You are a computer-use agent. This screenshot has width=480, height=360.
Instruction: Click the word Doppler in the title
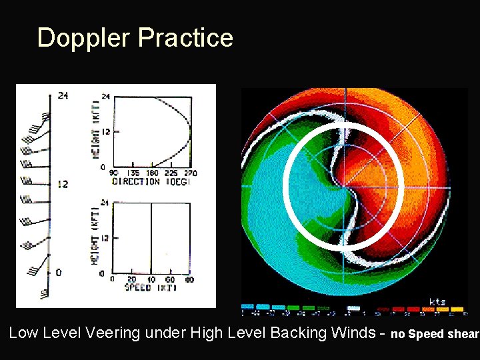(84, 38)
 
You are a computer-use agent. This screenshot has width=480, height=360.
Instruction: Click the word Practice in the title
(186, 38)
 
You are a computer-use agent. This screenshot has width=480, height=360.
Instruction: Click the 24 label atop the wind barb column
(63, 95)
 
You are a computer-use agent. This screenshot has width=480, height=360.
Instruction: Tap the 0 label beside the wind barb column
(59, 272)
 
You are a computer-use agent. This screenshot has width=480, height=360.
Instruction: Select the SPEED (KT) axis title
(151, 287)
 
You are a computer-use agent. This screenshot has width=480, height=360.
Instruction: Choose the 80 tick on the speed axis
(190, 279)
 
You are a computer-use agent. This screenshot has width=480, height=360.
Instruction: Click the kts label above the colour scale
(437, 301)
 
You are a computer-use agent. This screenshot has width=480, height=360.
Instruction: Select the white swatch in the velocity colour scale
(354, 309)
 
